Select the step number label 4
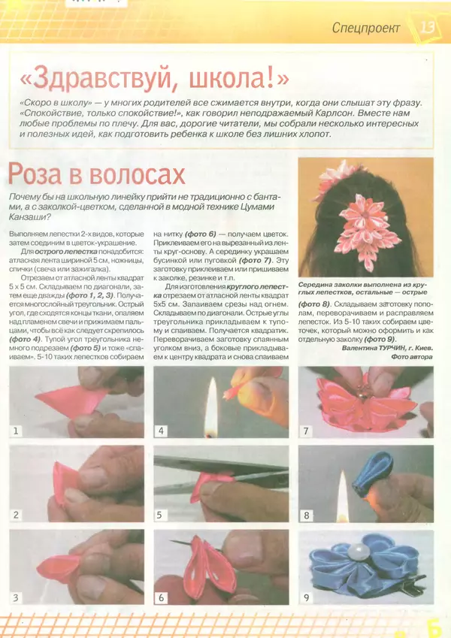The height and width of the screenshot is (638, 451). pyautogui.click(x=161, y=431)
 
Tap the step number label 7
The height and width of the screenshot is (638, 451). pyautogui.click(x=306, y=431)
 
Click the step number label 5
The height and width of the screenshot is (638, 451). pyautogui.click(x=161, y=516)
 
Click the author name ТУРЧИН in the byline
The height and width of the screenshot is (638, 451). pyautogui.click(x=386, y=348)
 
